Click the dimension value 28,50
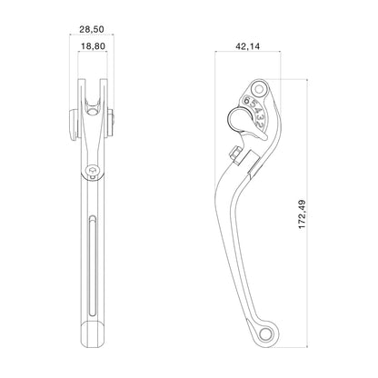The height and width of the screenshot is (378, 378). pos(92,29)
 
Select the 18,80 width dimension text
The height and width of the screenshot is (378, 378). pos(93,46)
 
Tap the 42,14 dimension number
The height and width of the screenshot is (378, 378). pos(247,46)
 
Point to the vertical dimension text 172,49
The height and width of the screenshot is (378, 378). pos(303,214)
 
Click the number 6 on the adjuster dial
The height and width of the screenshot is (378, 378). pos(247,100)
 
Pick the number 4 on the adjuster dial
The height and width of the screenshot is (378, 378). pos(257,112)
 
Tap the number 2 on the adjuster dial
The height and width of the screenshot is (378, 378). pos(263,124)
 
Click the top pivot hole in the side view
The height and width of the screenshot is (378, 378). pos(259,89)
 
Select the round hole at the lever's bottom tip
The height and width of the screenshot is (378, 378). pos(266,334)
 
